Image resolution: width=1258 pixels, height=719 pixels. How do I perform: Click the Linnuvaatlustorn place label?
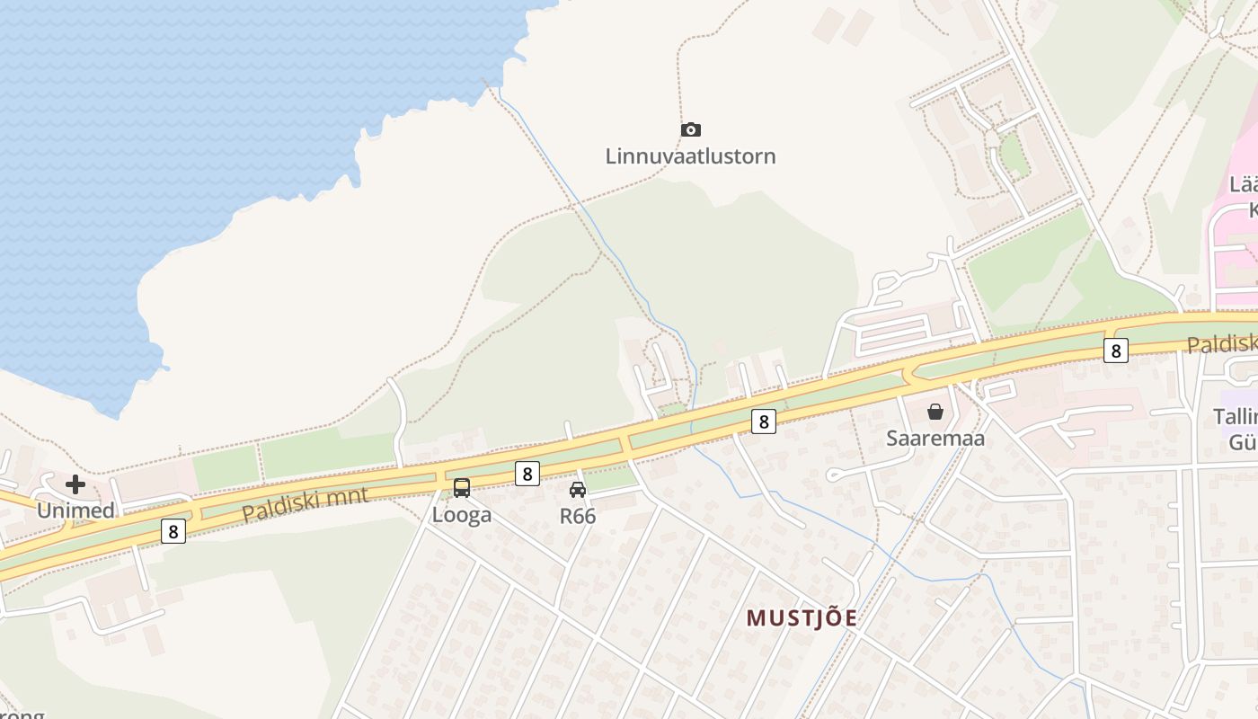tap(690, 156)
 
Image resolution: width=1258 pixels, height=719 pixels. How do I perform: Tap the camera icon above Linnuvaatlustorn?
tap(690, 130)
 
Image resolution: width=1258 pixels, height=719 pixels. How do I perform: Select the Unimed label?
tap(75, 510)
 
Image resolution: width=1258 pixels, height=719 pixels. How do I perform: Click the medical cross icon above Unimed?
tap(75, 485)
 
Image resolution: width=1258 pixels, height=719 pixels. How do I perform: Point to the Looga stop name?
tap(462, 515)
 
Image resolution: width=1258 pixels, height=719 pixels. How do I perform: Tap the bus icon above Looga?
tap(462, 488)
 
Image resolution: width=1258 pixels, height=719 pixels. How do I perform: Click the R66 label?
tap(578, 516)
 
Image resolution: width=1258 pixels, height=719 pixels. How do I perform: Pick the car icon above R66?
tap(578, 490)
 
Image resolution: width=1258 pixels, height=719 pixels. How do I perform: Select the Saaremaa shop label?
tap(935, 439)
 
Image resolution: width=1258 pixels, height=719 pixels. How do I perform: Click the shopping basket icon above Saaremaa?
tap(935, 412)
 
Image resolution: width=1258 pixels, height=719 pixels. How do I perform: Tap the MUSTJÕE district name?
tap(802, 618)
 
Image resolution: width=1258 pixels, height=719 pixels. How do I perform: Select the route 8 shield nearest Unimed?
tap(173, 531)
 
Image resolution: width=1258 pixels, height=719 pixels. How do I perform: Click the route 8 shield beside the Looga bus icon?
tap(527, 474)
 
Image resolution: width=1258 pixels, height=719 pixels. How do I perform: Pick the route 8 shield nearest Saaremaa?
tap(764, 421)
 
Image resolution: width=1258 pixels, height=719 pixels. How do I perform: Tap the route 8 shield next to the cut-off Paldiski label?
tap(1116, 351)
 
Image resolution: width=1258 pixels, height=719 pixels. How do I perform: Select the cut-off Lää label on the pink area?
tap(1243, 185)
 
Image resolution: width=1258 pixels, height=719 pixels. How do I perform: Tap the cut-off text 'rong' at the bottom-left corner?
tap(20, 715)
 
